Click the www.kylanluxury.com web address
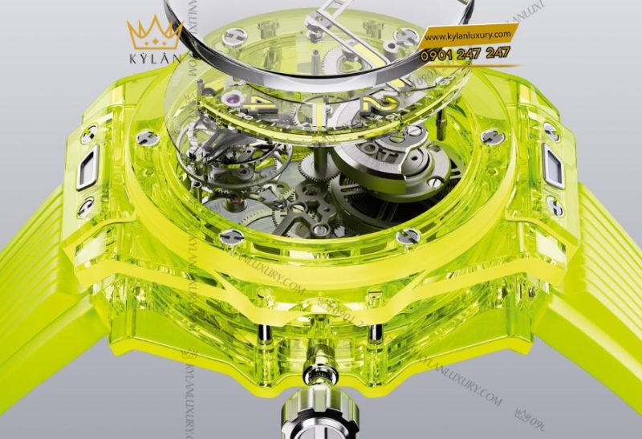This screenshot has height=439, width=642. click(468, 36)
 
